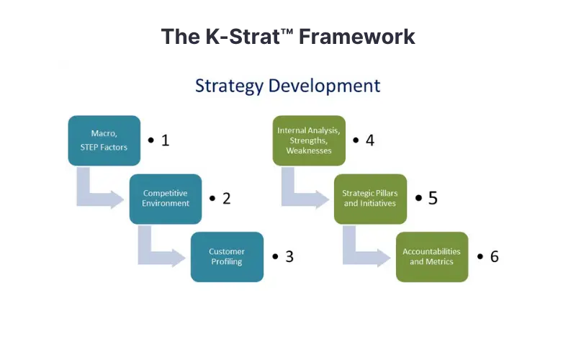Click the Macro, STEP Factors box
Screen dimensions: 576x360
[x=104, y=140]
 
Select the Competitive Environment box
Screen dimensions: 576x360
[x=166, y=199]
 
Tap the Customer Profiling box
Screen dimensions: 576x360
[x=227, y=257]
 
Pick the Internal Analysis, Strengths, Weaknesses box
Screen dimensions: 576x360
[x=309, y=140]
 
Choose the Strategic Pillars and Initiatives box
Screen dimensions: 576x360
[x=370, y=199]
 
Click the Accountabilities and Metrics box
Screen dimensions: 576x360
[x=432, y=257]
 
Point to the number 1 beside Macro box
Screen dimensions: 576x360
[x=166, y=140]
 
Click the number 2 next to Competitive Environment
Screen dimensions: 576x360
[x=227, y=199]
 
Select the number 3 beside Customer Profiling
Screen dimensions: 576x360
[x=289, y=257]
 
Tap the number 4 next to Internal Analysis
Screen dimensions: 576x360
[x=370, y=140]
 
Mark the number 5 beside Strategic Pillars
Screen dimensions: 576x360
[x=433, y=199]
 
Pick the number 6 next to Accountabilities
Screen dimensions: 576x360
[x=495, y=257]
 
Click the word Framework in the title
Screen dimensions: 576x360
[x=356, y=37]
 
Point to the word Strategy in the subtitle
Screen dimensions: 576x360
[x=229, y=86]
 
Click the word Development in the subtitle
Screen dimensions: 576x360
[x=325, y=86]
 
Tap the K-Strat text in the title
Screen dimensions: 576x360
[x=243, y=37]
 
